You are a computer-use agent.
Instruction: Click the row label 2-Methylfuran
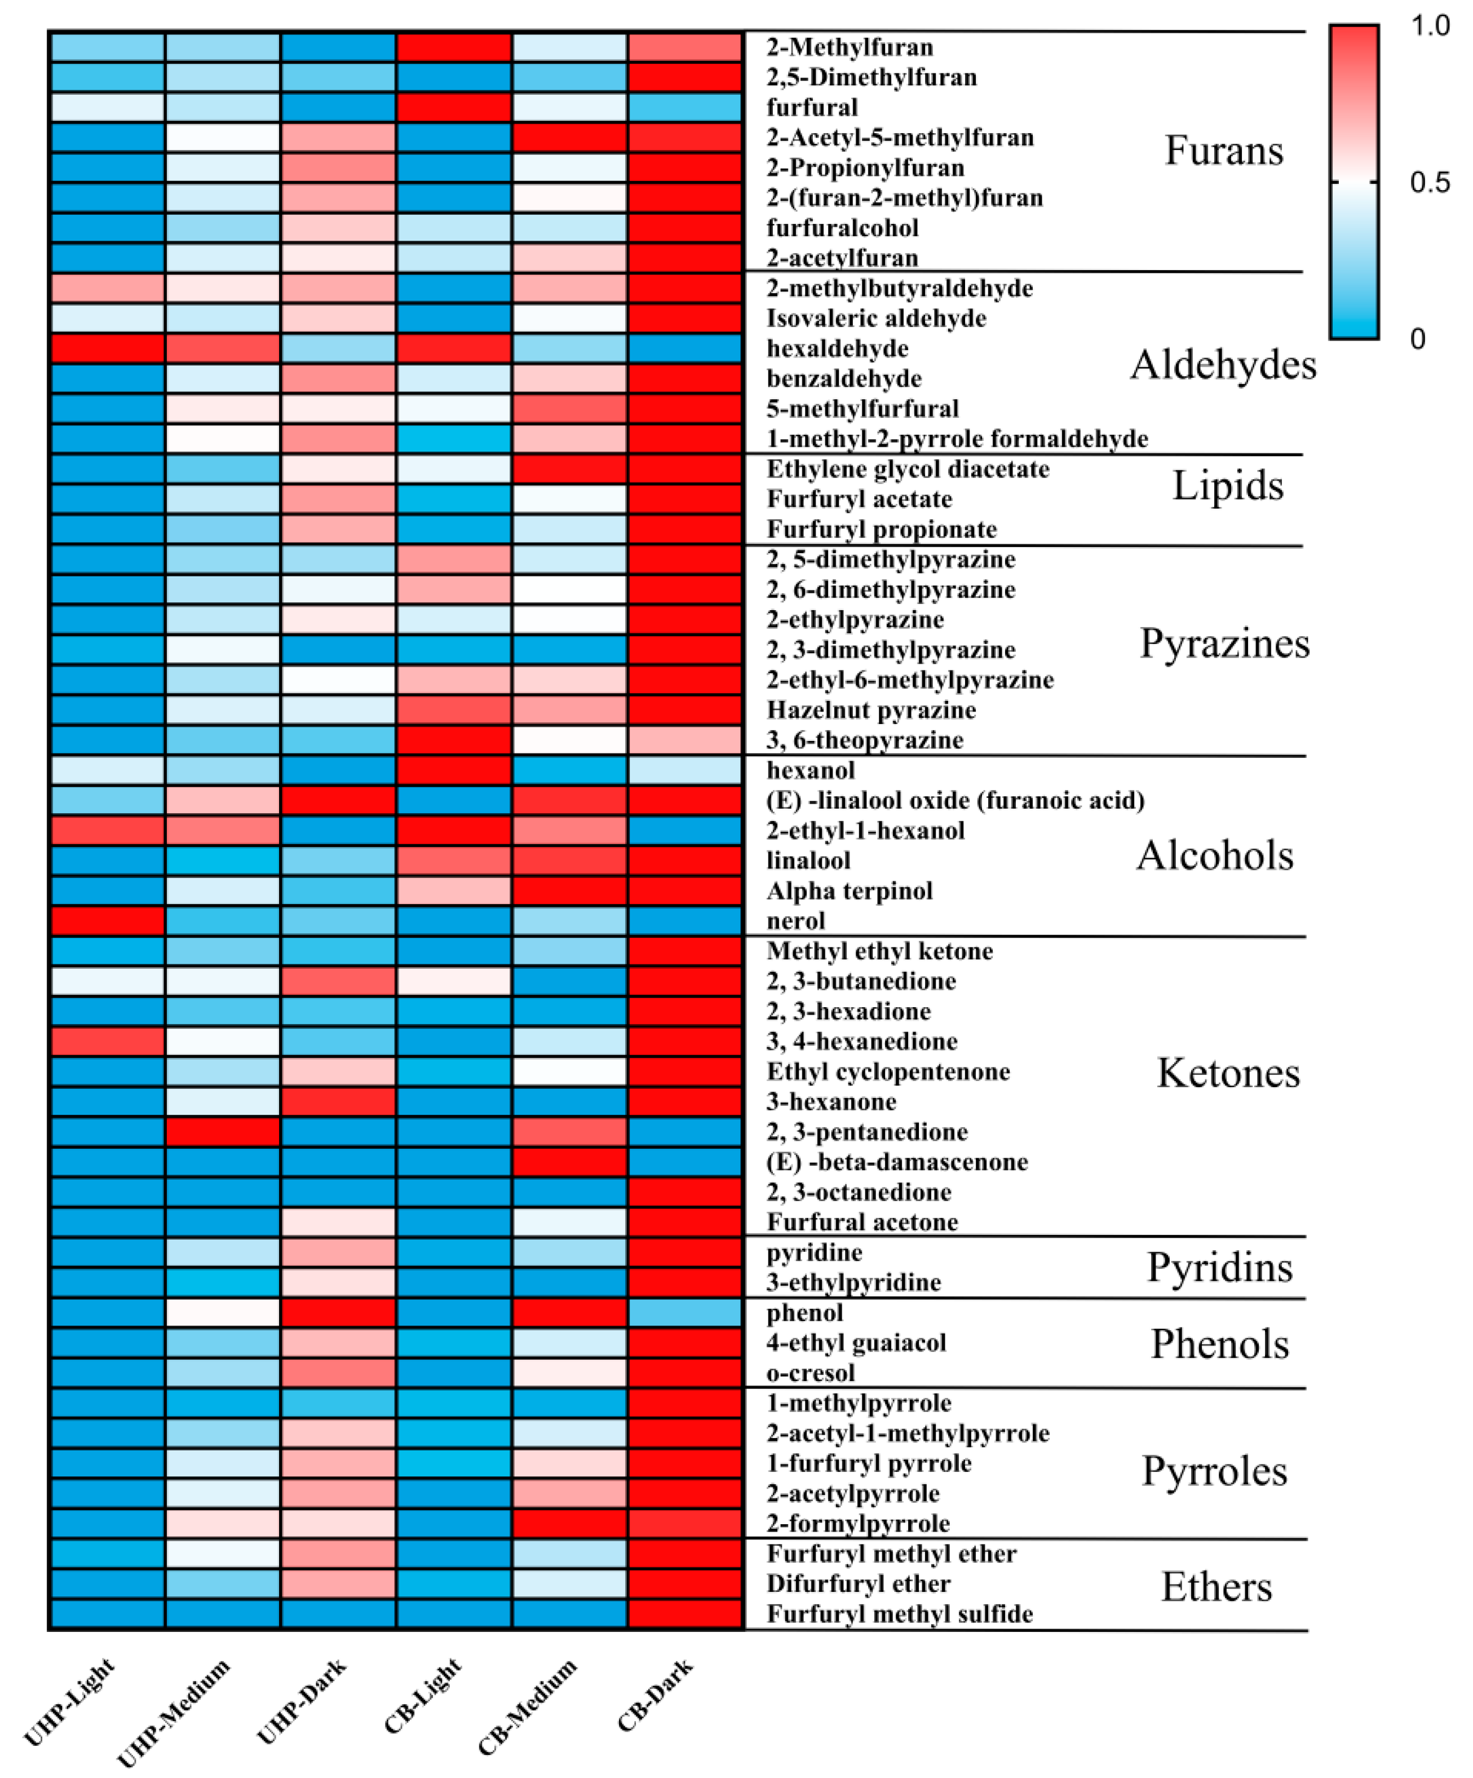pos(849,47)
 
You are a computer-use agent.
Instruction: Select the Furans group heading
pos(1223,151)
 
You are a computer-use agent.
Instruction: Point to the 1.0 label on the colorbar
pos(1430,27)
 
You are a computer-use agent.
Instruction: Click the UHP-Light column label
pos(69,1702)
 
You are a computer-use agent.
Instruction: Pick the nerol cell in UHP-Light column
pos(108,920)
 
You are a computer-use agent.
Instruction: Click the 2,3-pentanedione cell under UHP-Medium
pos(223,1131)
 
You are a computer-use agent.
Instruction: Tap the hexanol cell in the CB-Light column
pos(454,770)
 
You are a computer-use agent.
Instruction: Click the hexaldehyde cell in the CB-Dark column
pos(685,348)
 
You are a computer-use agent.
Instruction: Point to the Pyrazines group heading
pos(1224,643)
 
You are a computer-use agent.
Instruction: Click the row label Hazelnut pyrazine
pos(871,709)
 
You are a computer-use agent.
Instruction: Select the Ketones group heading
pos(1228,1073)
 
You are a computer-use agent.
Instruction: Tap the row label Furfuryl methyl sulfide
pos(899,1614)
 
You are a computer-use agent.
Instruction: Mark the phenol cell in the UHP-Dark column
pos(338,1312)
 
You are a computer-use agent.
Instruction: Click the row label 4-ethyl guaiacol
pos(856,1343)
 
